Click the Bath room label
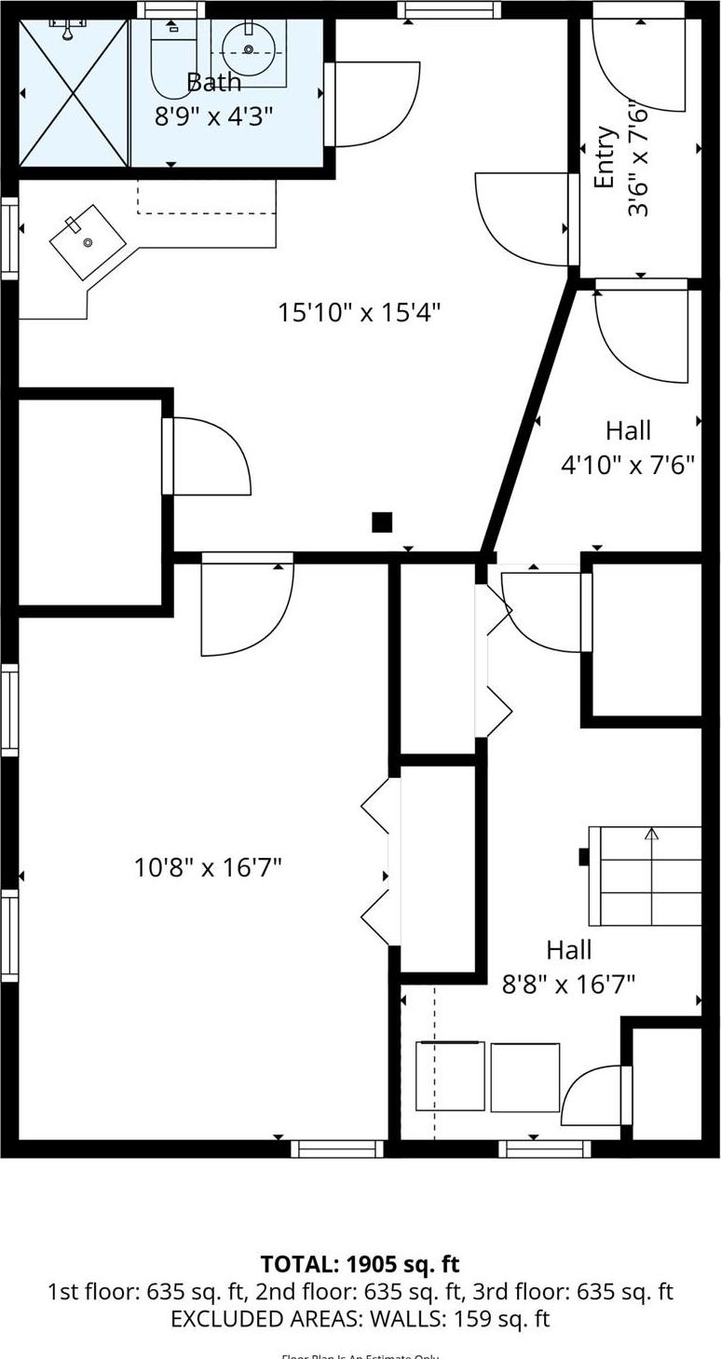click(214, 82)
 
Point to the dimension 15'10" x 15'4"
click(359, 312)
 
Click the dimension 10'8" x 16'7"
click(208, 868)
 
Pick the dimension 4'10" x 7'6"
click(628, 464)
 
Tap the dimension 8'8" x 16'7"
click(568, 984)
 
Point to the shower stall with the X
click(74, 93)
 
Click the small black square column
click(382, 523)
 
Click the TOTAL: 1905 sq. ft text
click(360, 1264)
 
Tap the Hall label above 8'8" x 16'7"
click(568, 950)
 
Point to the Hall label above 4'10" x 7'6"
click(628, 430)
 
